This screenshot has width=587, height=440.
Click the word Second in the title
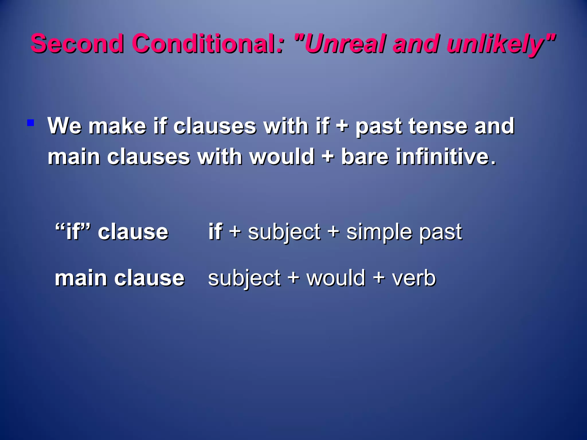[x=77, y=44]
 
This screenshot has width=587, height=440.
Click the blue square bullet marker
[x=31, y=123]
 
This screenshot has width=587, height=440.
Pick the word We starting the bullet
[x=64, y=126]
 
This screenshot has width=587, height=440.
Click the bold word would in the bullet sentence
[x=282, y=157]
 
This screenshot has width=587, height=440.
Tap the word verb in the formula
[x=414, y=278]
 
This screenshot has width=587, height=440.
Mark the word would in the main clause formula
[x=336, y=278]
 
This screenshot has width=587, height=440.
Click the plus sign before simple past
[x=333, y=231]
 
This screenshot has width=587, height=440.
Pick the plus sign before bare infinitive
[x=328, y=157]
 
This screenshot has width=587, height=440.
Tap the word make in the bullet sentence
[x=117, y=126]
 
